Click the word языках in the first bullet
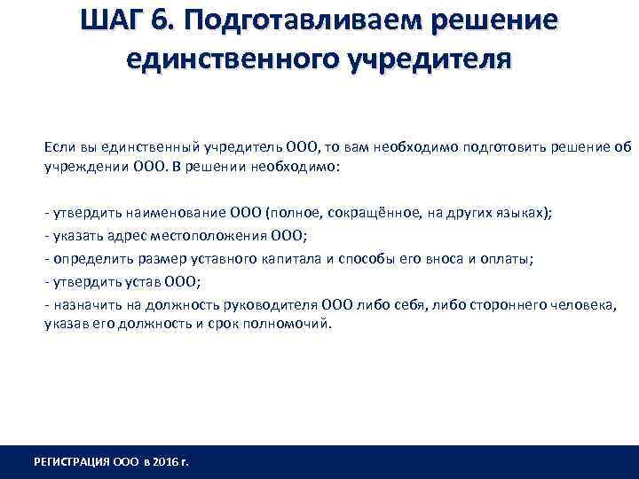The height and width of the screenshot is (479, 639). [x=520, y=214]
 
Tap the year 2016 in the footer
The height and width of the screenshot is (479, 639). [x=166, y=462]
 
